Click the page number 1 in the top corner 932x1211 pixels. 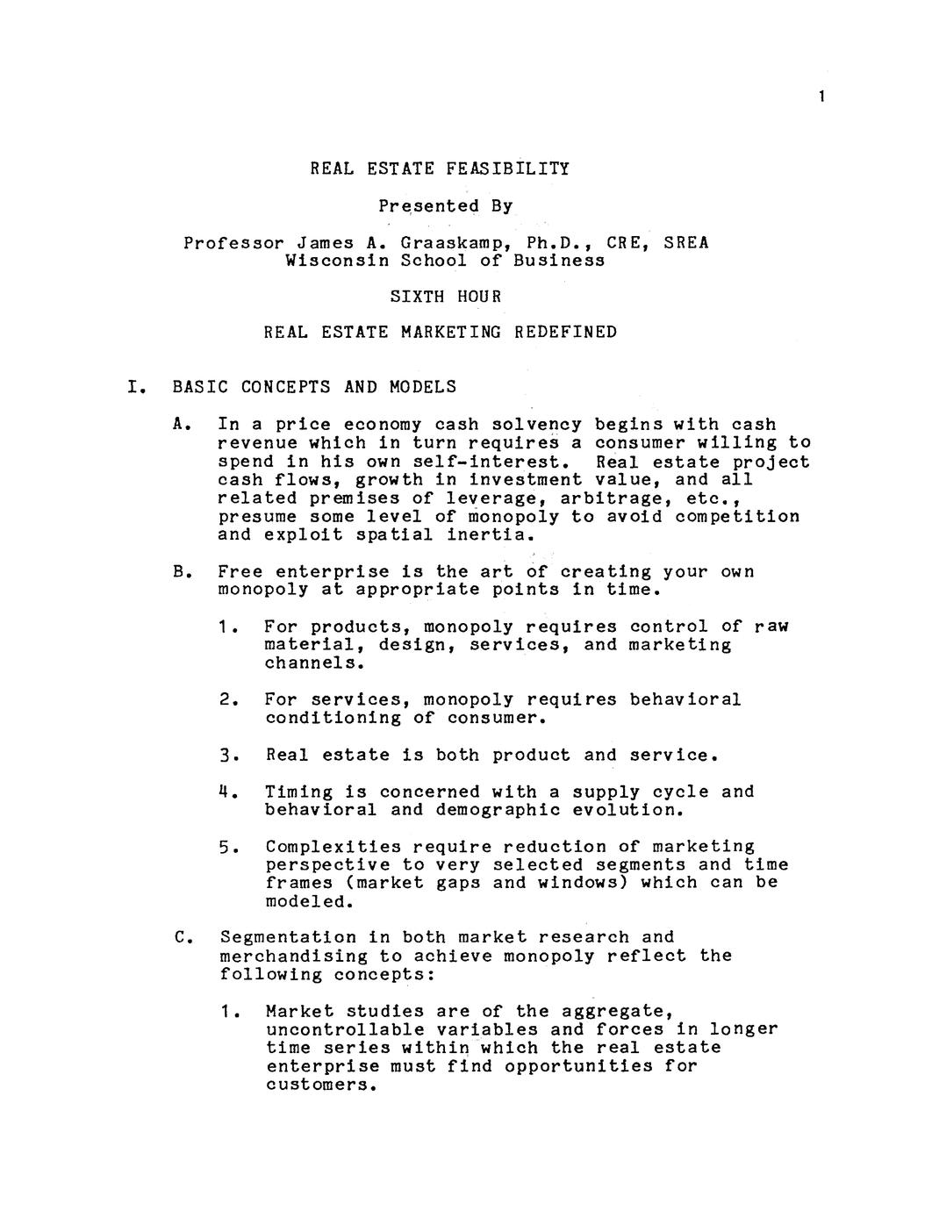click(x=821, y=97)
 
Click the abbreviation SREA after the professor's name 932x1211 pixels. click(x=685, y=242)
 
